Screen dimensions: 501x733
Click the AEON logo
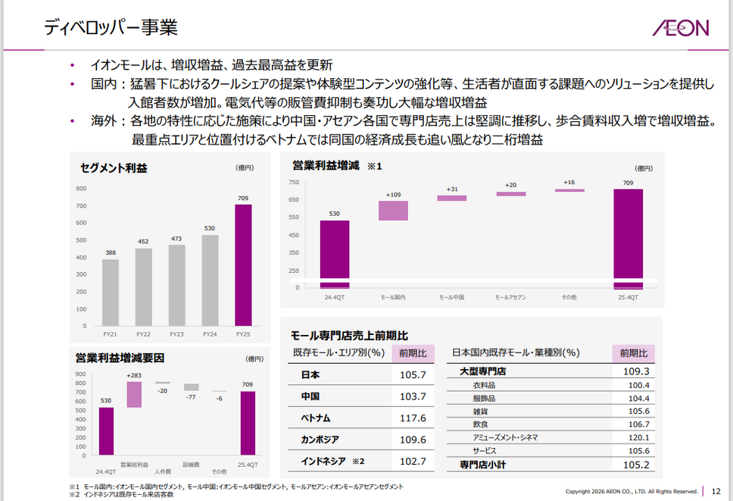tap(680, 28)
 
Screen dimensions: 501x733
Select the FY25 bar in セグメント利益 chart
tap(243, 265)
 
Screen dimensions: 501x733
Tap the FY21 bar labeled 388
tap(111, 292)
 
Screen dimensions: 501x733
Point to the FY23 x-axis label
tap(176, 333)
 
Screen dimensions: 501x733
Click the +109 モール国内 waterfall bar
tap(394, 211)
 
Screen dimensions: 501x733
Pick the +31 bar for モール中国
tap(452, 198)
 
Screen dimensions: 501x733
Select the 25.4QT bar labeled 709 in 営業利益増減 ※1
tap(628, 238)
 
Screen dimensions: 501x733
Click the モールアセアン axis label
tap(510, 297)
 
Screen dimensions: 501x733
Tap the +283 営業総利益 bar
tap(134, 394)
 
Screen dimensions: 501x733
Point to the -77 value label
tap(191, 396)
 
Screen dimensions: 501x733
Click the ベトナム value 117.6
tap(413, 418)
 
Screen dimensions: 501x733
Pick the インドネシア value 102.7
tap(413, 461)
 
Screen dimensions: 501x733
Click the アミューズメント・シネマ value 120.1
tap(635, 437)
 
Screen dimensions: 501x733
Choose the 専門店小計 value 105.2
tap(635, 464)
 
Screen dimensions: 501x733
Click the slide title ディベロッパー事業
tap(111, 28)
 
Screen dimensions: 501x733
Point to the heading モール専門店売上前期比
tap(350, 335)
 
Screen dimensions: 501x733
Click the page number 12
tap(716, 490)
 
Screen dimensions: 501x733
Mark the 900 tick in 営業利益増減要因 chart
tap(80, 374)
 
